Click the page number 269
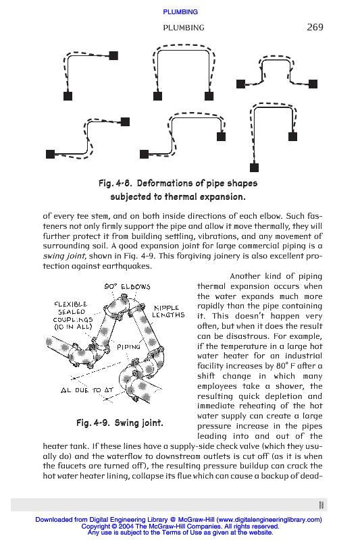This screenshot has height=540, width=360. [x=315, y=27]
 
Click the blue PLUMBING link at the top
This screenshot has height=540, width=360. [x=180, y=12]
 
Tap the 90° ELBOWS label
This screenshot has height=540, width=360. [x=127, y=286]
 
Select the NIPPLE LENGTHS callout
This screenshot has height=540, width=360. [x=168, y=311]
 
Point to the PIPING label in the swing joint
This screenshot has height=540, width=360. [x=128, y=347]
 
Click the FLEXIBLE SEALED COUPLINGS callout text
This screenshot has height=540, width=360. [x=73, y=315]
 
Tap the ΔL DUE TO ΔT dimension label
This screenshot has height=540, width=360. [x=87, y=390]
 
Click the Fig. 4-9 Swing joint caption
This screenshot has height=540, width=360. [x=120, y=423]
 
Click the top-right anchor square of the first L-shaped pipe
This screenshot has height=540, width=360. [x=113, y=55]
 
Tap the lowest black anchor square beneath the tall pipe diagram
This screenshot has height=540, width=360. [x=254, y=167]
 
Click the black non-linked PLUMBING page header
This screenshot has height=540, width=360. [x=184, y=28]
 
